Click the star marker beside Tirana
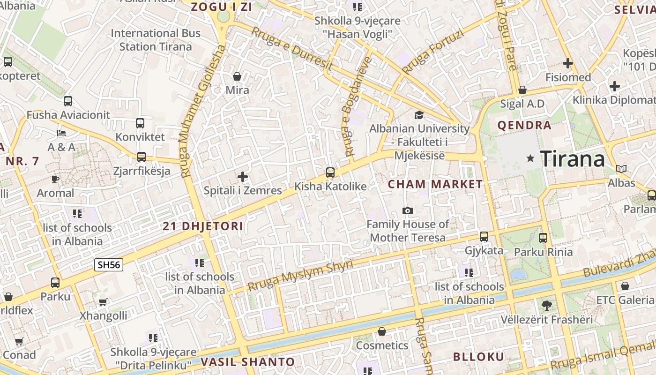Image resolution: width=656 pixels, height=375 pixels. pos(530,158)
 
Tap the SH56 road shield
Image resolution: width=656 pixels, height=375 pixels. pos(109,265)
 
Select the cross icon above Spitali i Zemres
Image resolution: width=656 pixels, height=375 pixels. pos(242,177)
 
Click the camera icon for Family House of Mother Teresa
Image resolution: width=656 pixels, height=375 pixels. pos(408,210)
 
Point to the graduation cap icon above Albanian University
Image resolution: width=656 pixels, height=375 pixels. pos(419,115)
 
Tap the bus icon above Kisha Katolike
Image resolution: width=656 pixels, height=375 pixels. pos(330,172)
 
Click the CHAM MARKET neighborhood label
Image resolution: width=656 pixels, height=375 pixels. pos(435,184)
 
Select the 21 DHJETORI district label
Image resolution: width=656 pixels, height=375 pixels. pos(203,226)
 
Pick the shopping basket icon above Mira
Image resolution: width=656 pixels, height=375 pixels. pos(237,76)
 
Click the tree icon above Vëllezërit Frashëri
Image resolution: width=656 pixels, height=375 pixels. pos(546,306)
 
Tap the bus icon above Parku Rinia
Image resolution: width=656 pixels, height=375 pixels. pos(543,238)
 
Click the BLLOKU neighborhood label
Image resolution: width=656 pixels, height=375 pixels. pos(478,357)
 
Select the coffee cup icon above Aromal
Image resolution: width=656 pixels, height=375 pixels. pos(55,179)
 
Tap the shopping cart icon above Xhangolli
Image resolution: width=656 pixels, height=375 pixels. pos(103,302)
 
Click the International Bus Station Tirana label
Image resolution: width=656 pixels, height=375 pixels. pos(156,40)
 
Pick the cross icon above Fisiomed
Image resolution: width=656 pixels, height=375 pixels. pos(568,63)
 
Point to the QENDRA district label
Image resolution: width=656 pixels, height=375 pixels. pos(524,125)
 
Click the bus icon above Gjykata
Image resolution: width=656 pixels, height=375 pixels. pos(484,237)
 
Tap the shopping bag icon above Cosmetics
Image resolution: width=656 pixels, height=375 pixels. pos(382,332)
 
